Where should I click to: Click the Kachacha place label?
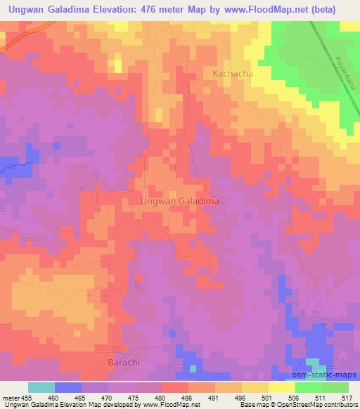click(233, 73)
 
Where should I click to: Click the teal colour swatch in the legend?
click(41, 387)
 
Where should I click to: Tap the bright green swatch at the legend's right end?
click(335, 387)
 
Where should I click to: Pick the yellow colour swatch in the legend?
click(282, 387)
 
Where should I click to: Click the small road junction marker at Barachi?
click(123, 349)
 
